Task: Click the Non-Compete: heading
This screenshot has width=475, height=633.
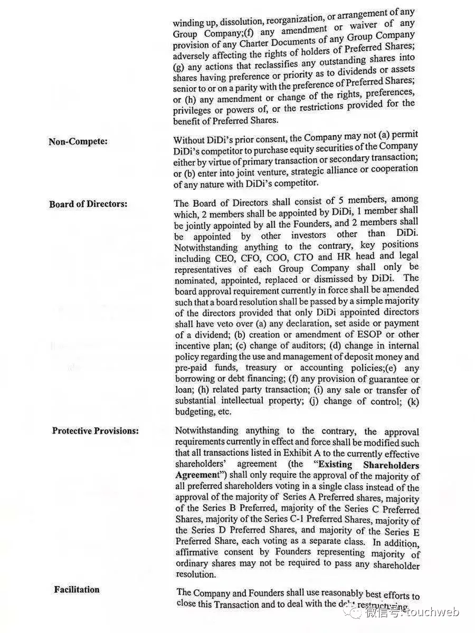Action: point(78,141)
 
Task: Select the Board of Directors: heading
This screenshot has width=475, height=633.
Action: point(88,204)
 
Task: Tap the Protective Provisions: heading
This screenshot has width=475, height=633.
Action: point(96,431)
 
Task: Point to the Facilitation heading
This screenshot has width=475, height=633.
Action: point(77,589)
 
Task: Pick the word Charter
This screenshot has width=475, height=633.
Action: point(258,43)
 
